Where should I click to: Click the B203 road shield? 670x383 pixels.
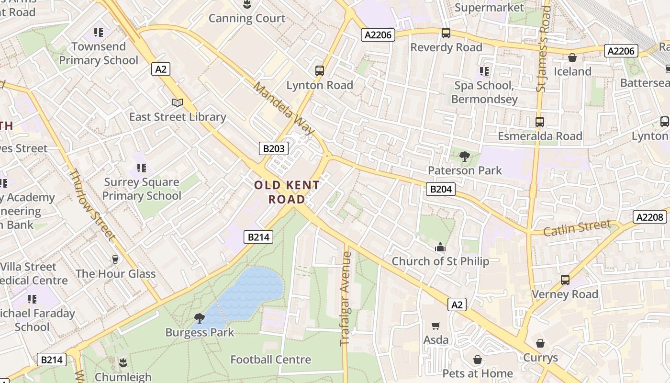(274, 148)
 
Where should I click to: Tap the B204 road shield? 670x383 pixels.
(440, 189)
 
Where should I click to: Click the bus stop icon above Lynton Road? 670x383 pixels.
(320, 71)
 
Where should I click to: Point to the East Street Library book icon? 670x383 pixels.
(178, 102)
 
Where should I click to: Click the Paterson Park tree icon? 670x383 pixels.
(464, 156)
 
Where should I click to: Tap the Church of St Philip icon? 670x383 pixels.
(440, 248)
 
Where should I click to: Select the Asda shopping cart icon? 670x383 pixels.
(436, 326)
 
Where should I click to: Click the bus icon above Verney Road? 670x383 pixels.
(565, 280)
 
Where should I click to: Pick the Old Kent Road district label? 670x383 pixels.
(287, 192)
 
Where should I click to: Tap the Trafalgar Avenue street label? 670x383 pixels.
(346, 299)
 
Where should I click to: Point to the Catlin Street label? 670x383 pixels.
(577, 228)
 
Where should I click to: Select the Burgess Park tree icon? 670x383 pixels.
(199, 318)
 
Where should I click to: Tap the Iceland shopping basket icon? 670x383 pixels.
(572, 58)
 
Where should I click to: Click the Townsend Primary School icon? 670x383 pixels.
(99, 33)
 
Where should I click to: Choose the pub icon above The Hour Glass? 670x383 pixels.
(115, 259)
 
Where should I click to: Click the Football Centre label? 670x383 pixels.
(270, 360)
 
